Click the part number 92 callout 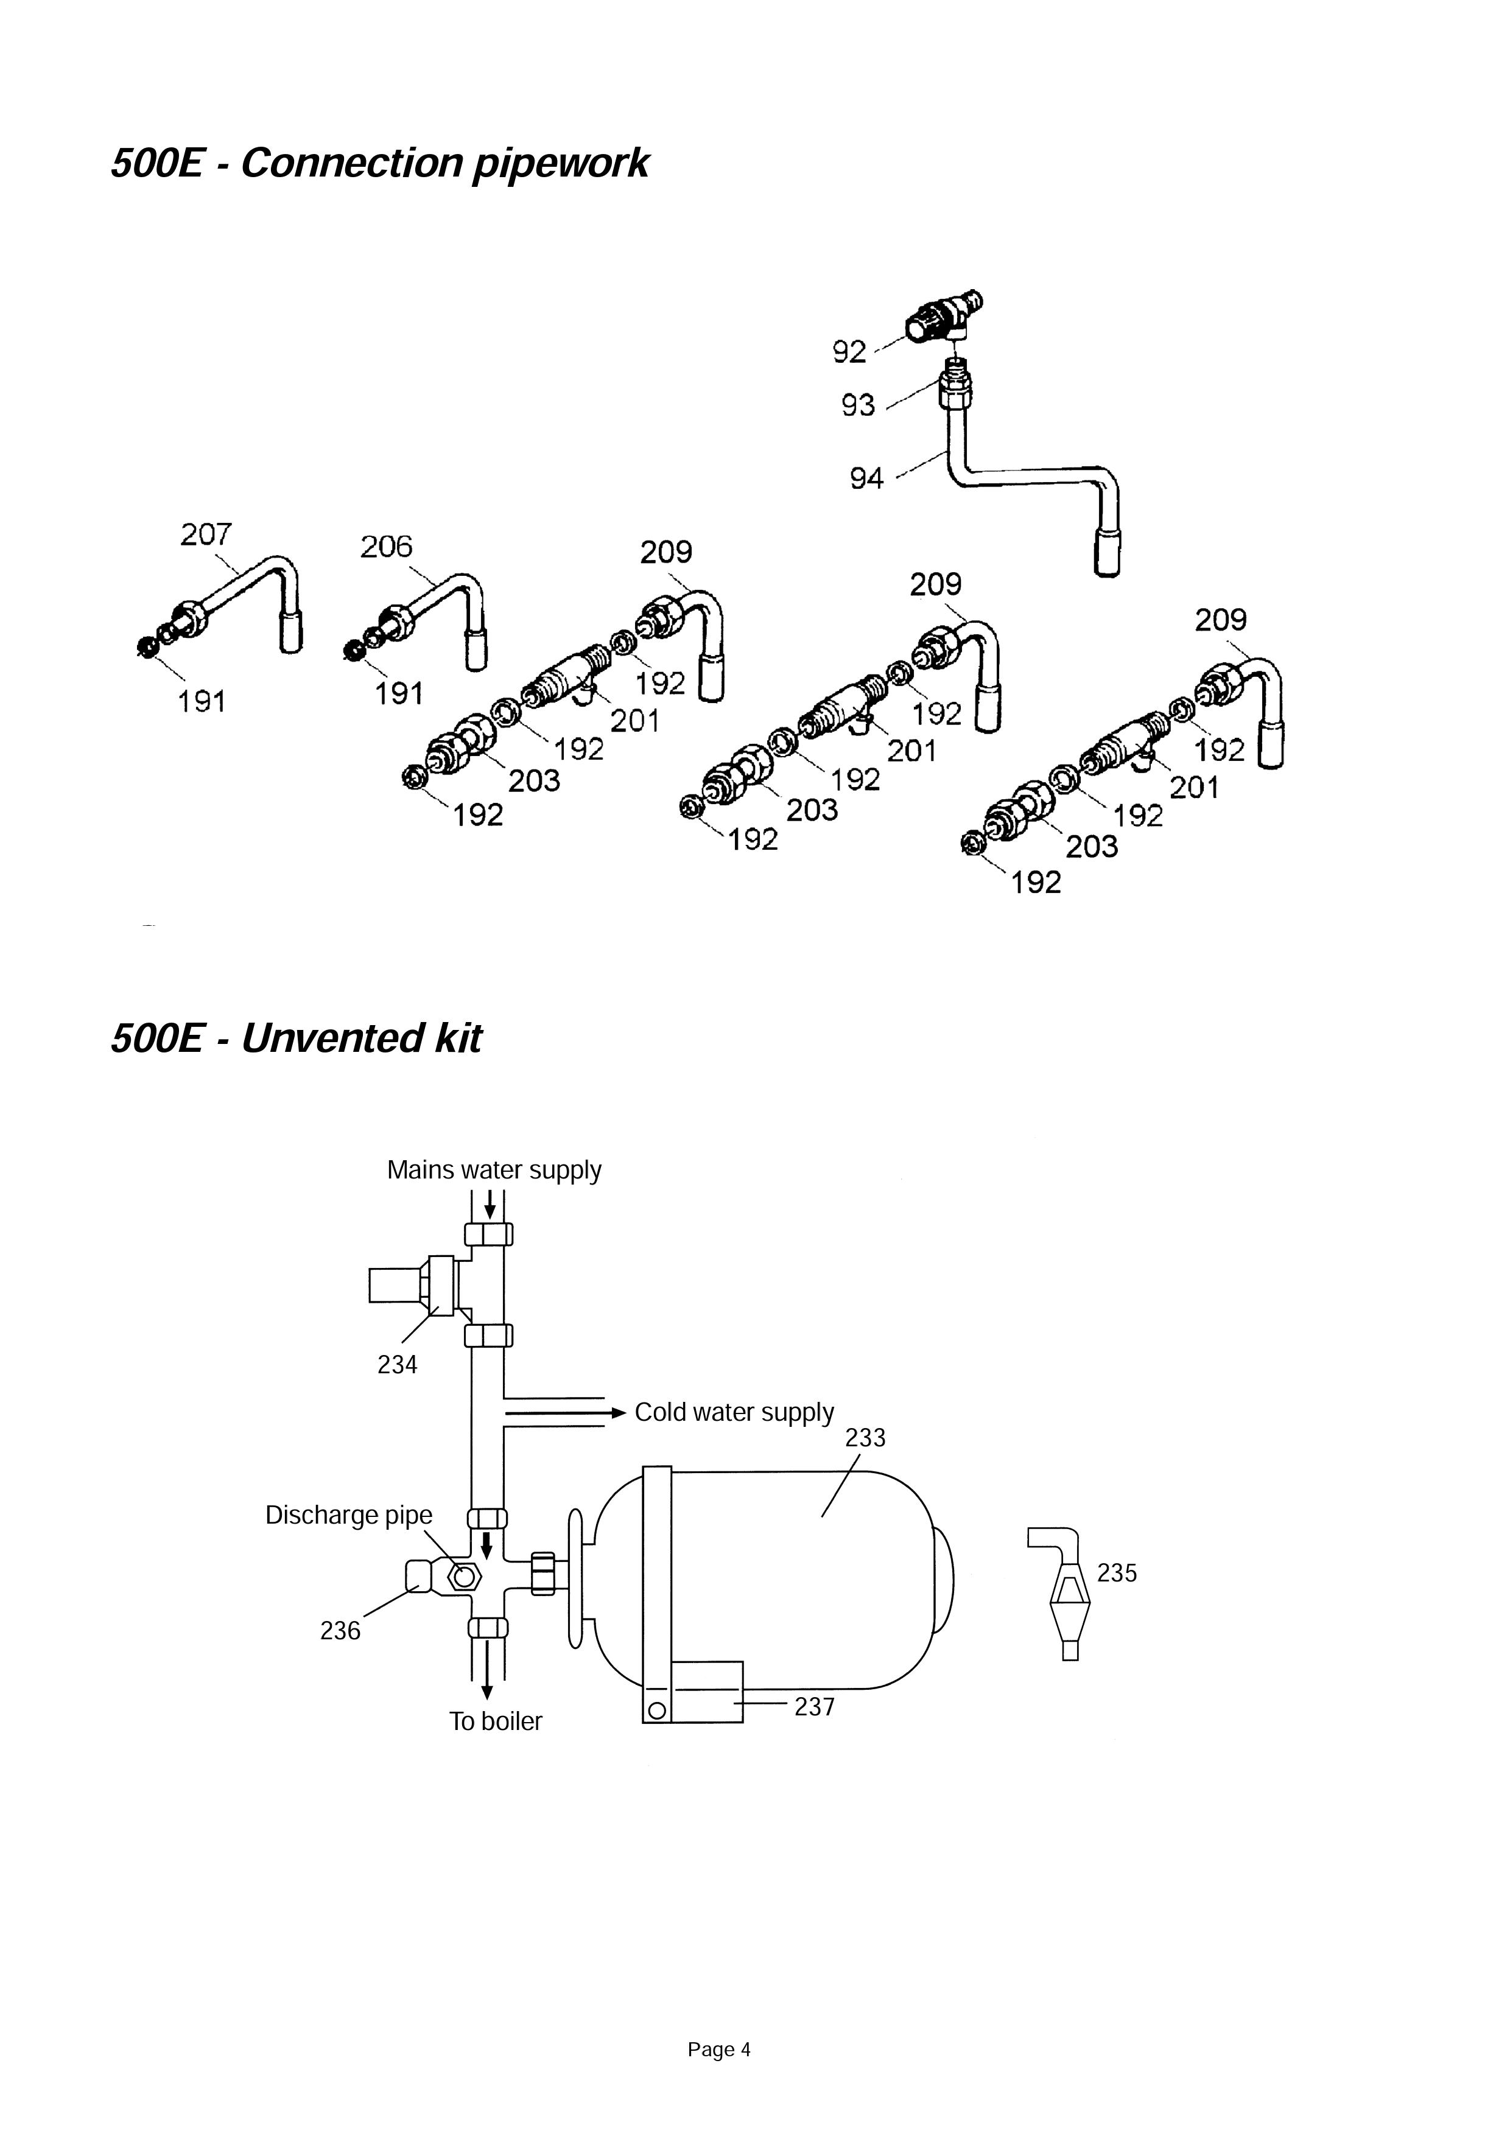[x=849, y=352]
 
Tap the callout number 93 [x=858, y=405]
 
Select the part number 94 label [x=866, y=479]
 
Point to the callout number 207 [x=206, y=535]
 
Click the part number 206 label [x=386, y=547]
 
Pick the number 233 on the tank [x=865, y=1437]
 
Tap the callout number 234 [x=397, y=1365]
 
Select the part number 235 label [x=1117, y=1572]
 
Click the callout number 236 [x=340, y=1631]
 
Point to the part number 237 [x=814, y=1706]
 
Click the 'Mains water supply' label [x=494, y=1171]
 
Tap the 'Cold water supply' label [x=734, y=1412]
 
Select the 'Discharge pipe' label [x=349, y=1514]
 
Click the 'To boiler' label [x=496, y=1721]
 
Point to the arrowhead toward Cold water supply [x=618, y=1412]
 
